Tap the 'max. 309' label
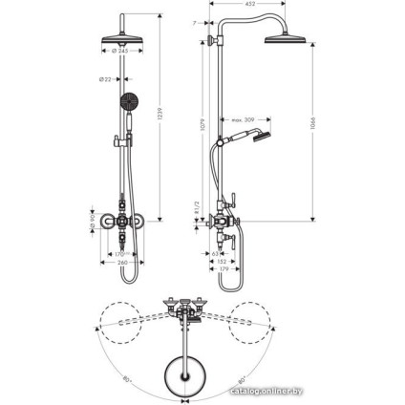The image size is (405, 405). pyautogui.click(x=241, y=119)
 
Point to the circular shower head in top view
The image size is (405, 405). pyautogui.click(x=178, y=368)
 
